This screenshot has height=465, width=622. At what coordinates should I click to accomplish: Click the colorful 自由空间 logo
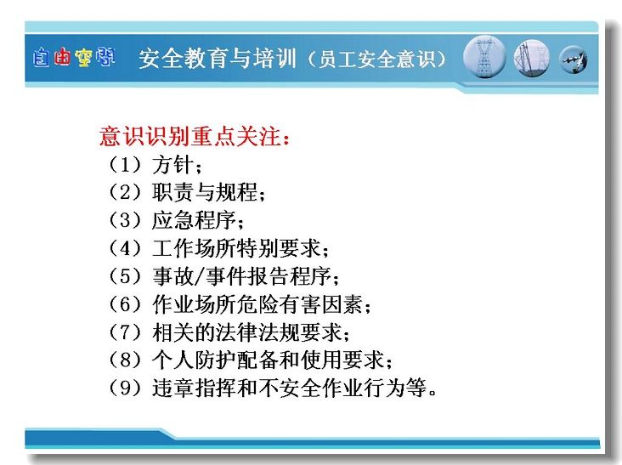(x=74, y=58)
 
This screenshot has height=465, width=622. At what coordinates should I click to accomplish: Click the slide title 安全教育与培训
(x=218, y=59)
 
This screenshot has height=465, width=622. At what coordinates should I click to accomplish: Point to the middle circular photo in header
(x=532, y=59)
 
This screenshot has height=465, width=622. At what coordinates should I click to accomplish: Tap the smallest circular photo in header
(x=574, y=60)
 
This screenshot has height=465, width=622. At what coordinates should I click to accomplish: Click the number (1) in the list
(x=125, y=165)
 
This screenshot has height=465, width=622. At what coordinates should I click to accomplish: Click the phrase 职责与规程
(x=205, y=192)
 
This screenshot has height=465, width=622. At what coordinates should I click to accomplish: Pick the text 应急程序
(x=194, y=220)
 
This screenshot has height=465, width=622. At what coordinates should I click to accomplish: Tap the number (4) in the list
(x=125, y=248)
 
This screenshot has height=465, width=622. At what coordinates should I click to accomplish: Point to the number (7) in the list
(x=125, y=332)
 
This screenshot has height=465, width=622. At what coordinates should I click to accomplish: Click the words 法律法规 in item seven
(x=257, y=332)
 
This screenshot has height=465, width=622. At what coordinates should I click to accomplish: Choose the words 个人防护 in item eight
(x=194, y=360)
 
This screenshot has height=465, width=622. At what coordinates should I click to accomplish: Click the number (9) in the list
(x=125, y=388)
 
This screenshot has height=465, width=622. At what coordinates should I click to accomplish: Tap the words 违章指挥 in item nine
(x=194, y=388)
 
